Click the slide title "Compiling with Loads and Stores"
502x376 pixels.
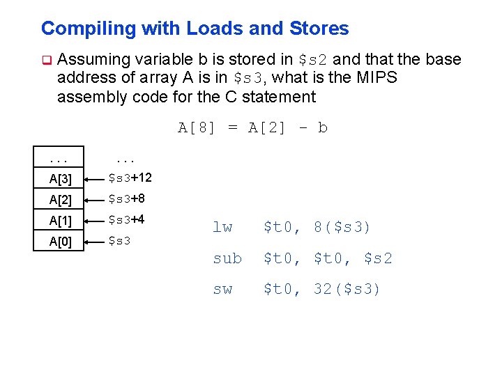[195, 29]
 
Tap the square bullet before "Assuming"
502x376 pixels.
[46, 60]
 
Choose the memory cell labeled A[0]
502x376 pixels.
[61, 243]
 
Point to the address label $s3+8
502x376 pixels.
[128, 199]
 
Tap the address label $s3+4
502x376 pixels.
[128, 220]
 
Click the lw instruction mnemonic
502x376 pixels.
[222, 228]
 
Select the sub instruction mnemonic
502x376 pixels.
[227, 258]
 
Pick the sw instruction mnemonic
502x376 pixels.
[222, 289]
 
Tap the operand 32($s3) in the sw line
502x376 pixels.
[347, 289]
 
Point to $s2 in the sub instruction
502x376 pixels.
[378, 258]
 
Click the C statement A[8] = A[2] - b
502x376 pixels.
[252, 127]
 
